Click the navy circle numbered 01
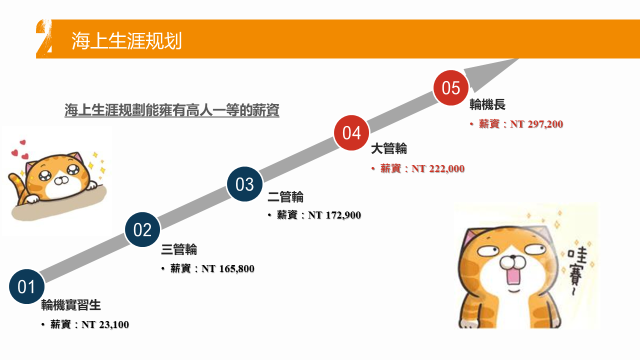click(x=27, y=287)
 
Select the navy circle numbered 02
click(x=142, y=229)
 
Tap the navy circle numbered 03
click(x=244, y=184)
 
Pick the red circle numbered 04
click(x=351, y=133)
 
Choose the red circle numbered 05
click(x=451, y=88)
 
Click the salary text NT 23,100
click(x=105, y=325)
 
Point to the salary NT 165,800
click(x=228, y=269)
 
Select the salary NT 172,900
click(x=334, y=215)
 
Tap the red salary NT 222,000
click(x=438, y=169)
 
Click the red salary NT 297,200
click(x=536, y=124)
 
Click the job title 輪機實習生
click(x=71, y=305)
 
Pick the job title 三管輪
click(x=179, y=249)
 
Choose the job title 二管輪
click(x=285, y=197)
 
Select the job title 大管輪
click(x=389, y=149)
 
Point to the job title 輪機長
click(x=487, y=104)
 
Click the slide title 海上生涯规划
click(x=127, y=41)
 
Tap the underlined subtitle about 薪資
click(x=172, y=110)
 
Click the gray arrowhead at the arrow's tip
click(x=491, y=73)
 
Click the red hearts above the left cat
click(x=20, y=150)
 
